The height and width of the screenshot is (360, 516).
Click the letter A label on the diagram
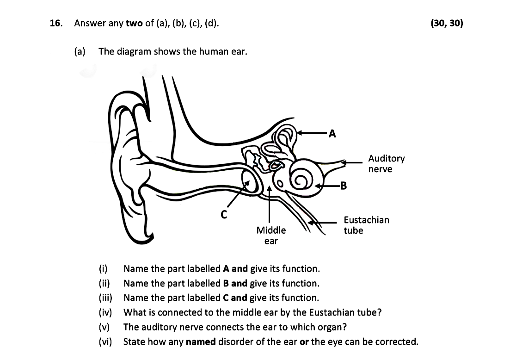332,134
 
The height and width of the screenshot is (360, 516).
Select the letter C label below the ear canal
224,214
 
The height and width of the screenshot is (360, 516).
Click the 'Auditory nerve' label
386,164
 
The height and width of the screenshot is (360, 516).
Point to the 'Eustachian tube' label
366,225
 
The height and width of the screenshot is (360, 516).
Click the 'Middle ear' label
271,235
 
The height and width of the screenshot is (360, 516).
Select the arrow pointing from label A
312,133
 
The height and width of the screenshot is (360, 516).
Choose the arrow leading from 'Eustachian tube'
324,223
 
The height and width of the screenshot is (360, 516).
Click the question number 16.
55,23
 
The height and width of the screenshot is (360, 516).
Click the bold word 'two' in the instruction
134,23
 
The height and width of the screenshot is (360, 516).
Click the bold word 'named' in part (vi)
201,342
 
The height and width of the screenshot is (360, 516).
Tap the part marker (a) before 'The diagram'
80,51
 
